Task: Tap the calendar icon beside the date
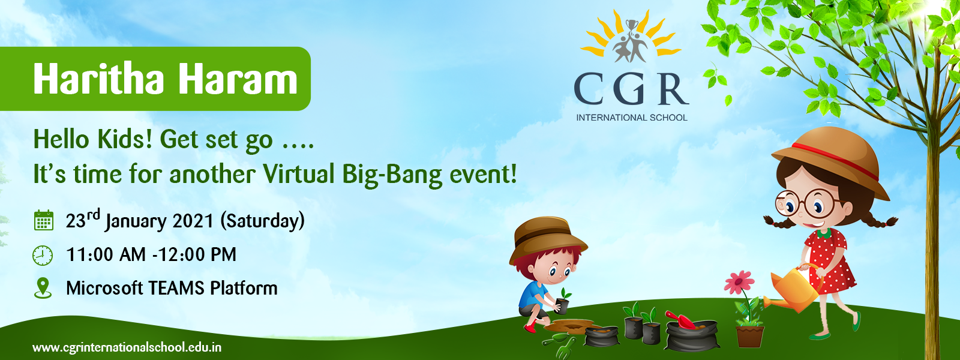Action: [43, 221]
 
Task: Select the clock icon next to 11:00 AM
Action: [43, 256]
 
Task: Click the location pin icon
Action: [43, 288]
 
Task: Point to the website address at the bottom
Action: [127, 347]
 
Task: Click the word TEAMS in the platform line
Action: [176, 288]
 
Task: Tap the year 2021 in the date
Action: [193, 221]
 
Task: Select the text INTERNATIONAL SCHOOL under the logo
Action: [632, 118]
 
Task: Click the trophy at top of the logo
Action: [631, 25]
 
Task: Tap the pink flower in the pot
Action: [739, 281]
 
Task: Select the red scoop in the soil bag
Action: [680, 320]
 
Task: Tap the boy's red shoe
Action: [530, 328]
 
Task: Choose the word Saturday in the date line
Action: [262, 221]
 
